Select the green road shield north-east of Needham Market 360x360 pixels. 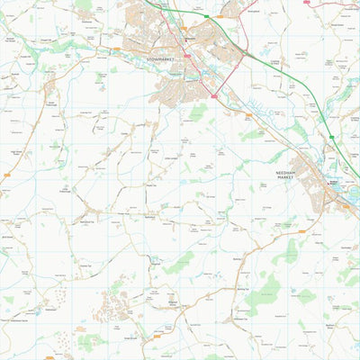click(331, 138)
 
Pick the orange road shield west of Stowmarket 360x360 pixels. click(116, 50)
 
